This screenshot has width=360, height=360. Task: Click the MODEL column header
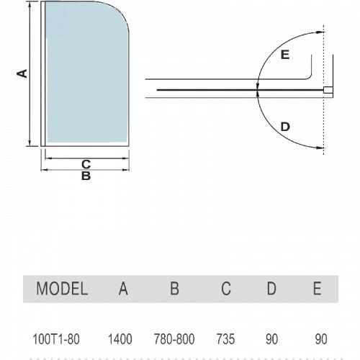[62, 288]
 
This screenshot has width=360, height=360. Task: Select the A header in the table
[123, 288]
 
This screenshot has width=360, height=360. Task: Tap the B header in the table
[174, 288]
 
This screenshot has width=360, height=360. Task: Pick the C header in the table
[226, 288]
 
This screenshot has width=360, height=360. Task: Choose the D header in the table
[271, 288]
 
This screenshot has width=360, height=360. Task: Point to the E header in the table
[318, 288]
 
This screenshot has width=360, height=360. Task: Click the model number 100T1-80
[56, 339]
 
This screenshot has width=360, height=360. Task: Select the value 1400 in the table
[120, 339]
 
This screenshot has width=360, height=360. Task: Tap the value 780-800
[174, 339]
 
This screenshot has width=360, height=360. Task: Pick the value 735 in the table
[225, 339]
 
